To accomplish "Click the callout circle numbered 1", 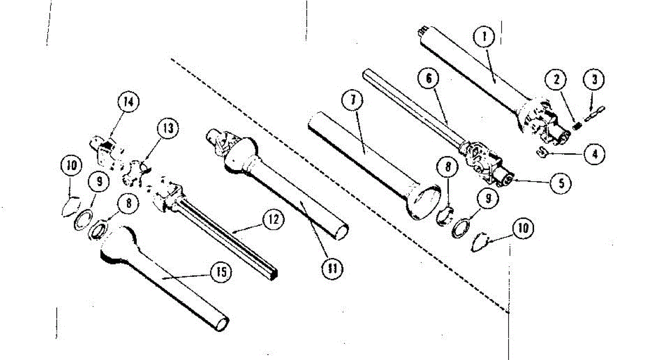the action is point(484,37).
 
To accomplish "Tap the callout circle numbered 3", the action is point(593,80).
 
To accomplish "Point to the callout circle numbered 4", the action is point(594,153).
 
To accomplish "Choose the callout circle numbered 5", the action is point(561,183).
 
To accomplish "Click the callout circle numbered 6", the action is point(428,79).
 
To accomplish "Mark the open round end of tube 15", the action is point(221,323).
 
